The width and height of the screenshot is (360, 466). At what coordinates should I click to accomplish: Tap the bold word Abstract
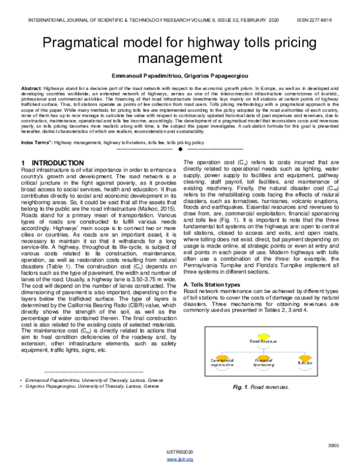[31, 88]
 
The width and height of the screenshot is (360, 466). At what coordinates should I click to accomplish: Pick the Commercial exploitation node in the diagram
[215, 363]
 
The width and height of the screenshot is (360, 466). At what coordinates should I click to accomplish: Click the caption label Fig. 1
[239, 387]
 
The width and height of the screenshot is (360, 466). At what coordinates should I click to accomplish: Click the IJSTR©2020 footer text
[180, 452]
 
